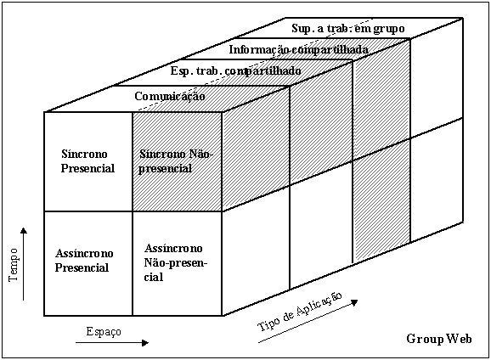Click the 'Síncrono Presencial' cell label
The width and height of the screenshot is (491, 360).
point(88,161)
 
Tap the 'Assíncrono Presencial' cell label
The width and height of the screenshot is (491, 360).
point(84,261)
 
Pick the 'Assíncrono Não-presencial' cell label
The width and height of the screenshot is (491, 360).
point(175,262)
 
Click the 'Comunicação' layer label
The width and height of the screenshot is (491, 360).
point(170,97)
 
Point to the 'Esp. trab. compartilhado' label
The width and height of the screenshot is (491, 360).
point(236,71)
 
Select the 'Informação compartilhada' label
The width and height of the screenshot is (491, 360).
point(299,49)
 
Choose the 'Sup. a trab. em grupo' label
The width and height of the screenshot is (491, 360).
point(348,29)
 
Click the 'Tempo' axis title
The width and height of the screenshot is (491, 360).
point(13,265)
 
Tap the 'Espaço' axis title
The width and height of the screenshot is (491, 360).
point(104,332)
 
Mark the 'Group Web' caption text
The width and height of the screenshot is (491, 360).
point(439,339)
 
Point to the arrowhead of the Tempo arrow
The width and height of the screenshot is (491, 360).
point(24,230)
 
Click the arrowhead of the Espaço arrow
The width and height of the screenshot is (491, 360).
point(145,343)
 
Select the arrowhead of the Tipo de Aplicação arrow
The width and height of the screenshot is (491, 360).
point(354,302)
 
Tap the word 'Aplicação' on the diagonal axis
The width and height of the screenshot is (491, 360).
point(319,304)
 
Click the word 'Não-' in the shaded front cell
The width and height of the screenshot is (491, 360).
point(201,154)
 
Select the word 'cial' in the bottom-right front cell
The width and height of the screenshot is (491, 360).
point(154,277)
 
